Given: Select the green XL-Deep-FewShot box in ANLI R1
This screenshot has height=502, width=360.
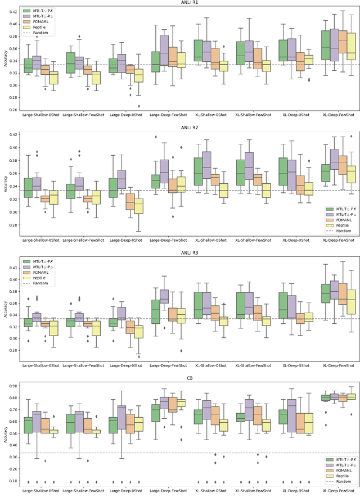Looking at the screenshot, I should pyautogui.click(x=325, y=45).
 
